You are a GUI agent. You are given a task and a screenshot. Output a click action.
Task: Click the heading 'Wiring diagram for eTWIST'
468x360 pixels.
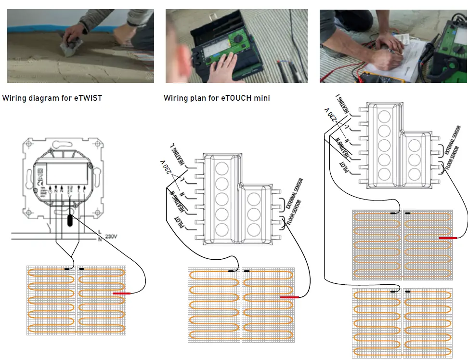tap(52, 98)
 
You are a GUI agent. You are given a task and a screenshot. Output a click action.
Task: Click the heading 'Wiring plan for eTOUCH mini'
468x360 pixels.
tap(217, 98)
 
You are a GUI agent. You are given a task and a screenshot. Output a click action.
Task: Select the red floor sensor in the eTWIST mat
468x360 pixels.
tap(121, 293)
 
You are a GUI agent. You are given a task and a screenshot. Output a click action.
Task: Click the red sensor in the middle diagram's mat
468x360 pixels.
tap(289, 297)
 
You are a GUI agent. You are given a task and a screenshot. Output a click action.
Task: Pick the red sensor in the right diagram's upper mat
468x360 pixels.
tap(448, 238)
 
